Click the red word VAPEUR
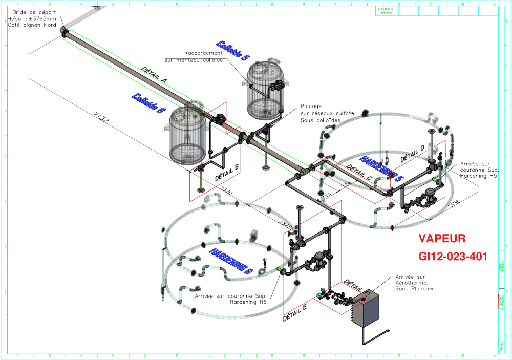(442, 239)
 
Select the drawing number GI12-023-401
(453, 256)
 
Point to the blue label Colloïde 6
(149, 103)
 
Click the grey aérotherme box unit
(364, 308)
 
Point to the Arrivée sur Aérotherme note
(414, 282)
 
